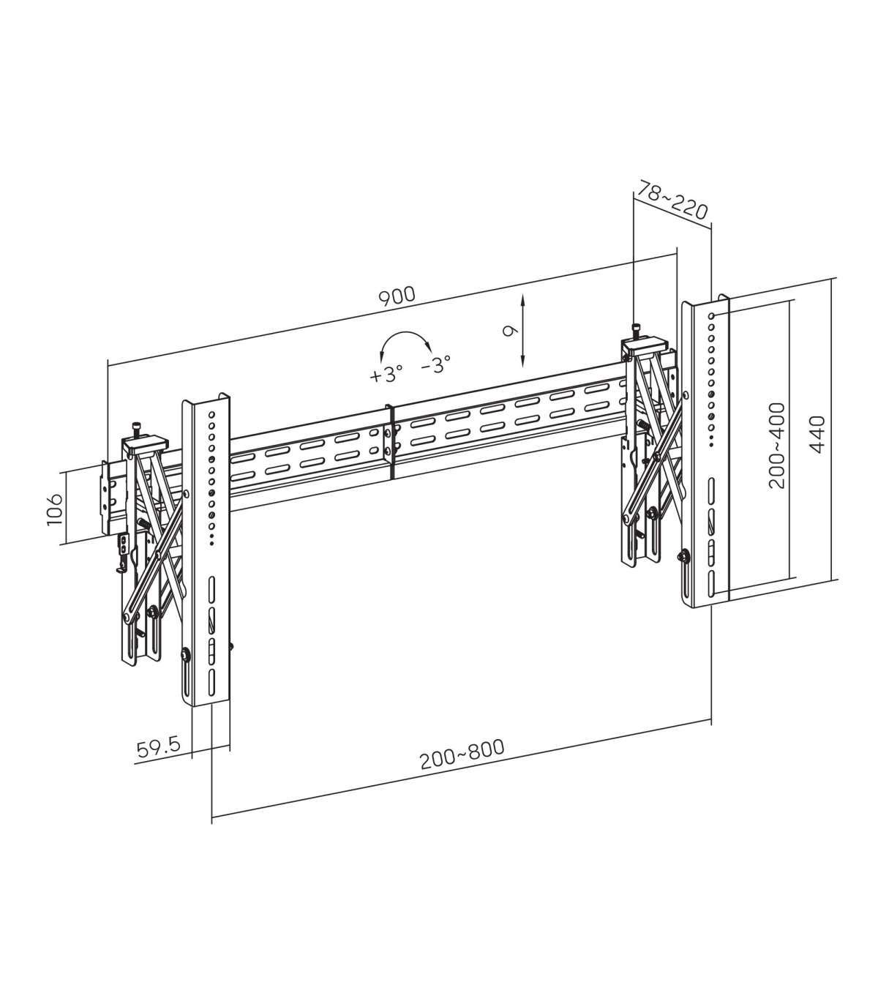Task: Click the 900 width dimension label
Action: (x=397, y=296)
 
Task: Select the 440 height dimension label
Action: (x=817, y=435)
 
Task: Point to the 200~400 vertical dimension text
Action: (x=777, y=446)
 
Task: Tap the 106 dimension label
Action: (x=55, y=509)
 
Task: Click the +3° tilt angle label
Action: (x=386, y=374)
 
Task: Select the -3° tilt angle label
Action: (x=436, y=364)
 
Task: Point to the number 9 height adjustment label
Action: (x=510, y=330)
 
